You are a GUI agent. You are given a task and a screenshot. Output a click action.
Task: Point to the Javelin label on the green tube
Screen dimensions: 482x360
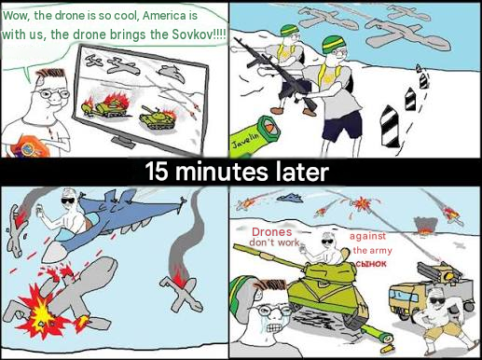245,141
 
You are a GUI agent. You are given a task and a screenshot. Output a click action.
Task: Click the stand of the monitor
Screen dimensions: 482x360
124,141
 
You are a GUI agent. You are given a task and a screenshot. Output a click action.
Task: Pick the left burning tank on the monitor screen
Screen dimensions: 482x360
105,105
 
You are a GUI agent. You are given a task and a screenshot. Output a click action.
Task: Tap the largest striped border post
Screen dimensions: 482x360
390,127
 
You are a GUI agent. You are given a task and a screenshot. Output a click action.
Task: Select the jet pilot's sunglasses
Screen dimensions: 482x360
68,201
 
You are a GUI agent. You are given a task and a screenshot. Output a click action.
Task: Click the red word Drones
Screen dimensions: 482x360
272,232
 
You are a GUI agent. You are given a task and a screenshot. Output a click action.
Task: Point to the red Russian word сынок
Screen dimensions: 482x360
371,264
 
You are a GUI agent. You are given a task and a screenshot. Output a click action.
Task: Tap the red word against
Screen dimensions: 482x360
367,236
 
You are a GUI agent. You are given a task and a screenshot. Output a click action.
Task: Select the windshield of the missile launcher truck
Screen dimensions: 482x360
402,296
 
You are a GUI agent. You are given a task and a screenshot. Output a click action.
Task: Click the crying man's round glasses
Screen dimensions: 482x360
272,311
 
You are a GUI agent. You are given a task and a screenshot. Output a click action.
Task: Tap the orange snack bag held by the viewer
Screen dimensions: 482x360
30,146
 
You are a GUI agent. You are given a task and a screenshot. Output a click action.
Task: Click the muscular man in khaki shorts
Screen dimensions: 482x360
444,320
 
